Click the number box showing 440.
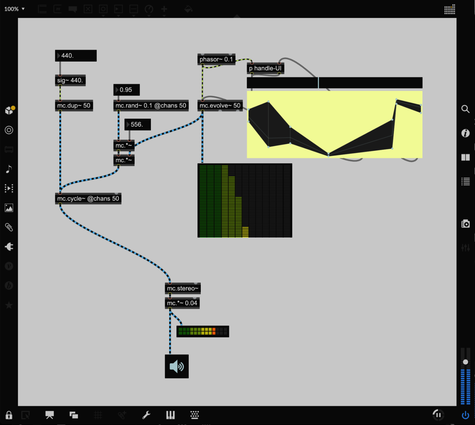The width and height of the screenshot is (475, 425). [76, 56]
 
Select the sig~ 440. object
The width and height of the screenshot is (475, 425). [70, 80]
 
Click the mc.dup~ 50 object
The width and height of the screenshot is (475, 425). [74, 106]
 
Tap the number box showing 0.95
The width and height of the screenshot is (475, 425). [127, 90]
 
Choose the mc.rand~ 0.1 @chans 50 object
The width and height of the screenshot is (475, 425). [151, 106]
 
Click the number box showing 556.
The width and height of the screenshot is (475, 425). [138, 124]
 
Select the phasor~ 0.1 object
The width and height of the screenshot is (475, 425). [216, 59]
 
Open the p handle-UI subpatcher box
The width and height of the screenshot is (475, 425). [265, 68]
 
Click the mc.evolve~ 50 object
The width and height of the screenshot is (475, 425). [220, 106]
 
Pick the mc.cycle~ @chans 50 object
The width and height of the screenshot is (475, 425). [88, 199]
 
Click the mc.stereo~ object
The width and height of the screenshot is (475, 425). [183, 288]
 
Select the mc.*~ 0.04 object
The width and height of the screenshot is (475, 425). [182, 303]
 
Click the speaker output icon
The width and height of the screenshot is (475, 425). [177, 366]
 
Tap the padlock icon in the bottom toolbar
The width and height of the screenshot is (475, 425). [9, 415]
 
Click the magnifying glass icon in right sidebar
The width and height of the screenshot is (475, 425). [465, 109]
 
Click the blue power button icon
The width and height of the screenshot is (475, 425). [465, 415]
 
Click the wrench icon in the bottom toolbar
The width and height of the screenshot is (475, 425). [146, 415]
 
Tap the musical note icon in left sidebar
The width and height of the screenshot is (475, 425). [9, 169]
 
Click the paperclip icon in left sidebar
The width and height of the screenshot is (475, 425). [9, 227]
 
